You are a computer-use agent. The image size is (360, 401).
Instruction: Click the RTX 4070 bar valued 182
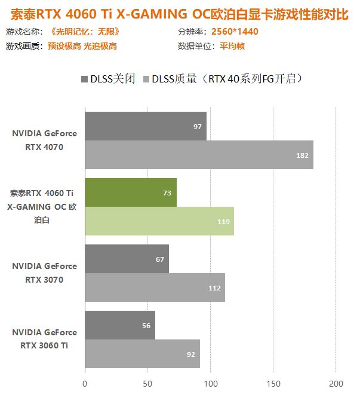point(199,155)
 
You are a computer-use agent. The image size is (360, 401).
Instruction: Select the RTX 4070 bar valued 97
point(146,127)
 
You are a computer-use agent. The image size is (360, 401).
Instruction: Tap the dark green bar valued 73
point(131,192)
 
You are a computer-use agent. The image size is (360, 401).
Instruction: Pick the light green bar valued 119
point(159,221)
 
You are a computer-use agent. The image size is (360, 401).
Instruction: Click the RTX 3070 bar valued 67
point(127,259)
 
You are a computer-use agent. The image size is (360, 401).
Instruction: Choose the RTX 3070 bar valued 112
point(155,287)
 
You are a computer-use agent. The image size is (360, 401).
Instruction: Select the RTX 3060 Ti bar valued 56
point(120,325)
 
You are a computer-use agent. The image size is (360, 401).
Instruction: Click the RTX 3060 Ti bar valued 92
point(142,354)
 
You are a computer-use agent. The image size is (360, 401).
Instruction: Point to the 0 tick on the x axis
point(85,383)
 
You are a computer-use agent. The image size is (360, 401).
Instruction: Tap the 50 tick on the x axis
point(147,383)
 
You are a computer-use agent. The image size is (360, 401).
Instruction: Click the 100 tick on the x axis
point(210,383)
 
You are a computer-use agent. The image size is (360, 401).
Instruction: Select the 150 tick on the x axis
point(273,383)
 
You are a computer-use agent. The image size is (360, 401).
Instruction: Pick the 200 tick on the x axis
point(336,383)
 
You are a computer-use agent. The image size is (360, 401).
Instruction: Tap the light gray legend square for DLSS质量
point(146,78)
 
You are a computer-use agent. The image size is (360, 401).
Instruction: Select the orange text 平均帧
point(233,46)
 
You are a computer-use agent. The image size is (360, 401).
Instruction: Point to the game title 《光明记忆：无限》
point(85,32)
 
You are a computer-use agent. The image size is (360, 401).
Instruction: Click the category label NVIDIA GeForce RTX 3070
point(44,273)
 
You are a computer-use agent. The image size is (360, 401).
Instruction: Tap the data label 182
point(303,155)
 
